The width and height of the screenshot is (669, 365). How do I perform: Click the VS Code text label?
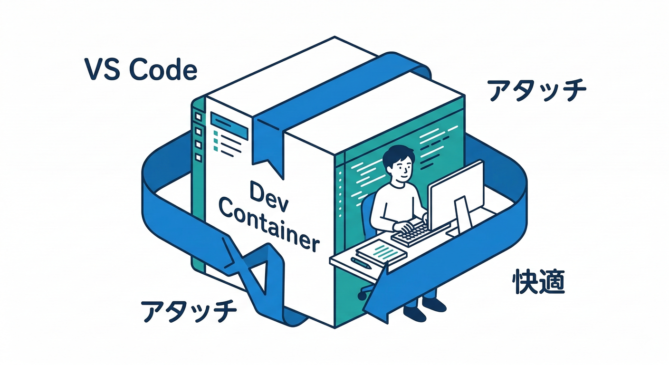pos(141,70)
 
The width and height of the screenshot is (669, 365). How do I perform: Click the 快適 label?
pos(539,282)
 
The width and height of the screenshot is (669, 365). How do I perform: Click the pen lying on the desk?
pos(362,263)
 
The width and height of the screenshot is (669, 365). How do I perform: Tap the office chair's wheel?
pos(363,296)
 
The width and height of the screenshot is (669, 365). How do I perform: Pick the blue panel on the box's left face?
pos(230,126)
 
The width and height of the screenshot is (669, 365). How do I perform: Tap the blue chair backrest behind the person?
pos(367,214)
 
